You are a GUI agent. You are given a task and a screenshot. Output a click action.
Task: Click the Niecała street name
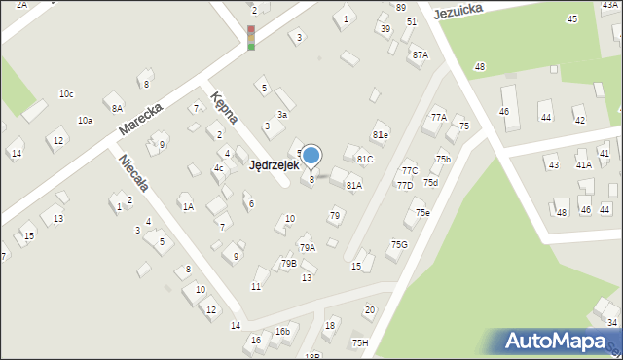tap(131, 172)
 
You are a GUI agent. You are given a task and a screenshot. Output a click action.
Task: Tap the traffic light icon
tap(251, 37)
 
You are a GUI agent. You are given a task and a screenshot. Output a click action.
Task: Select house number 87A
tap(420, 55)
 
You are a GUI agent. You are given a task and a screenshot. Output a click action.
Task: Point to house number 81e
tap(380, 135)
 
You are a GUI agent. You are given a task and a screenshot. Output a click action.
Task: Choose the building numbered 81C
tap(365, 159)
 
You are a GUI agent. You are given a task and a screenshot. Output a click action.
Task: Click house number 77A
tap(438, 117)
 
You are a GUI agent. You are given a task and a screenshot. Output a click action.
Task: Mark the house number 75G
tap(399, 245)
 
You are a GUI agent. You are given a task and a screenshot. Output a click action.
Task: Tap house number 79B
tap(288, 264)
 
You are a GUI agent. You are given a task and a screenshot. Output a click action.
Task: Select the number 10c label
tap(66, 94)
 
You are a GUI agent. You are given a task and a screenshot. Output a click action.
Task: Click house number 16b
tap(282, 332)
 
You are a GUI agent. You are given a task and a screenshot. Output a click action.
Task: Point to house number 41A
tap(584, 164)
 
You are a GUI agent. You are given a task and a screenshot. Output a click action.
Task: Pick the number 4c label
tap(219, 168)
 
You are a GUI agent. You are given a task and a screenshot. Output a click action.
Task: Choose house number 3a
tap(282, 115)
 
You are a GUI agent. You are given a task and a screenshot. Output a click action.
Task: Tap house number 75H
tap(360, 342)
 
